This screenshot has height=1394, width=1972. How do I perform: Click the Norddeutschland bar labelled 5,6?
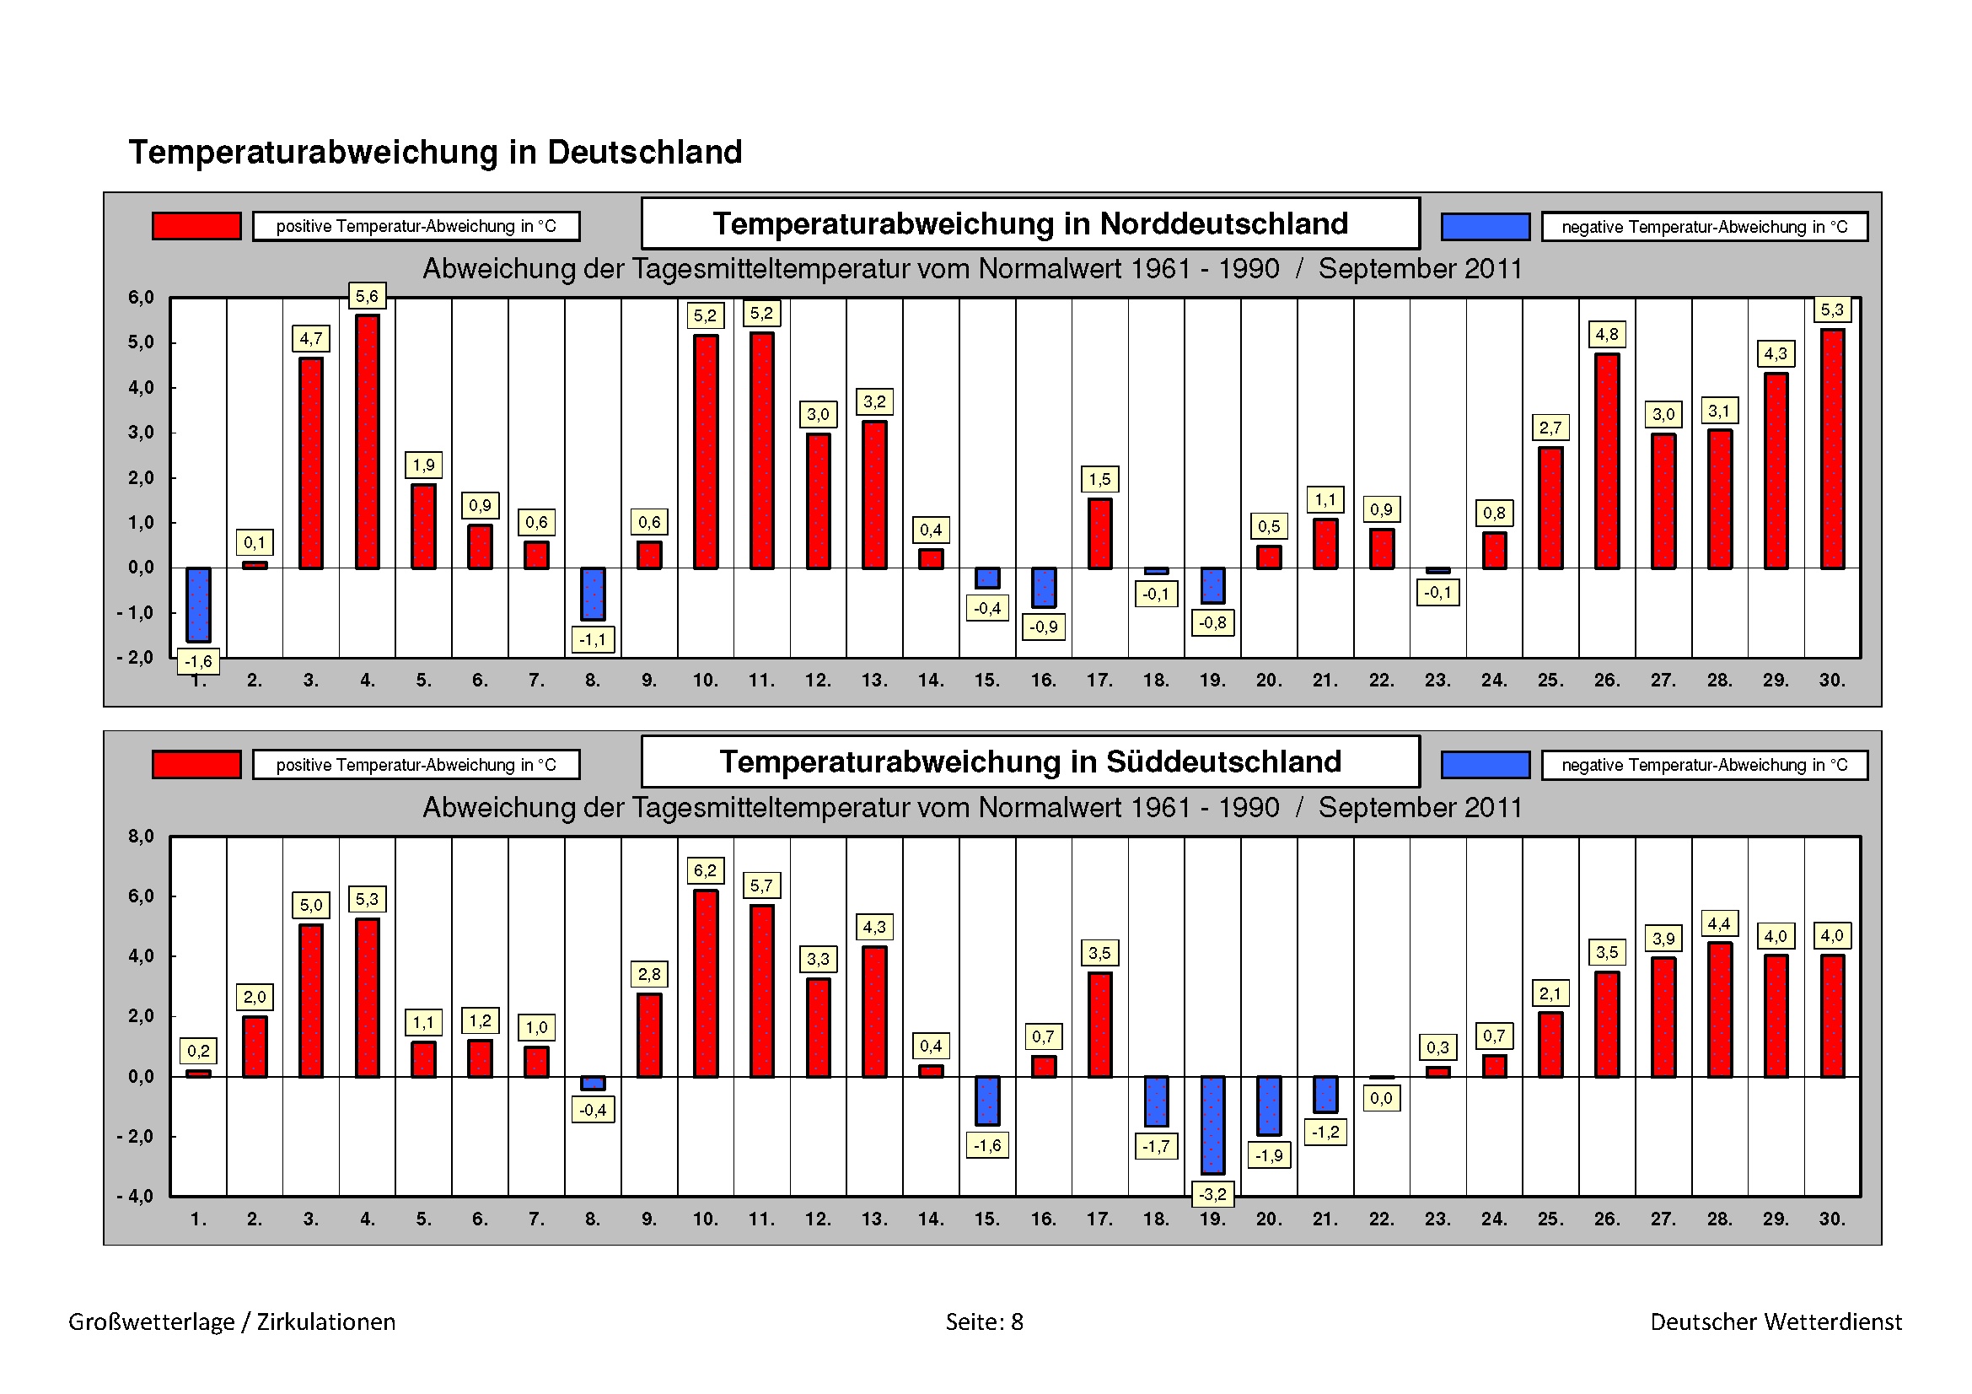(367, 442)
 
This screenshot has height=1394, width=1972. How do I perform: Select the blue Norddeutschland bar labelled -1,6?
(198, 605)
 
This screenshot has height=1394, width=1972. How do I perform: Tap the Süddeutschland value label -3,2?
(1212, 1194)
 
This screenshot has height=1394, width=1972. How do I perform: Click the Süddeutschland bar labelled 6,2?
(705, 983)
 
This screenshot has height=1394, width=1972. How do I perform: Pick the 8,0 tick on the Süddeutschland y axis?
(141, 837)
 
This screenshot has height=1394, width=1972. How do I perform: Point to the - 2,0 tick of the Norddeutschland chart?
(136, 658)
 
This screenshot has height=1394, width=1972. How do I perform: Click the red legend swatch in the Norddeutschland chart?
(196, 226)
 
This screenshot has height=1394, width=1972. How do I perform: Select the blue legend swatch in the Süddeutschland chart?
(1485, 764)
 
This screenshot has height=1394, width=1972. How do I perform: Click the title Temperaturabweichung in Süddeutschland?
(1029, 762)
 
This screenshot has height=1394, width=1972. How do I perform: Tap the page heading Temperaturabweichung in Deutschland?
(434, 152)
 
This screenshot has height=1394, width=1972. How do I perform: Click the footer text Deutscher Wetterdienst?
(1776, 1321)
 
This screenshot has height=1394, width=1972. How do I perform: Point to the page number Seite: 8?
(984, 1321)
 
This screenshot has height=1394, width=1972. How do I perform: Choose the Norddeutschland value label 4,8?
(1606, 334)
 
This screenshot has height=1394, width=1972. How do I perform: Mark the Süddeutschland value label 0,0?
(1381, 1098)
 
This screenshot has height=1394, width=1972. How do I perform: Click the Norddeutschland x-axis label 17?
(1099, 681)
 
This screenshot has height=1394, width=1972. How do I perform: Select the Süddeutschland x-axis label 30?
(1832, 1219)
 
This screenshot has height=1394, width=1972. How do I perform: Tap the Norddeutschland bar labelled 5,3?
(1832, 449)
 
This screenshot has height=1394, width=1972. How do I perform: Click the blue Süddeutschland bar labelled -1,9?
(1269, 1106)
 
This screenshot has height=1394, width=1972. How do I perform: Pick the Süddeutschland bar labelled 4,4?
(1719, 1009)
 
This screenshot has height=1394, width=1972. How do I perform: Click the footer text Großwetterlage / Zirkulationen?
(232, 1321)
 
